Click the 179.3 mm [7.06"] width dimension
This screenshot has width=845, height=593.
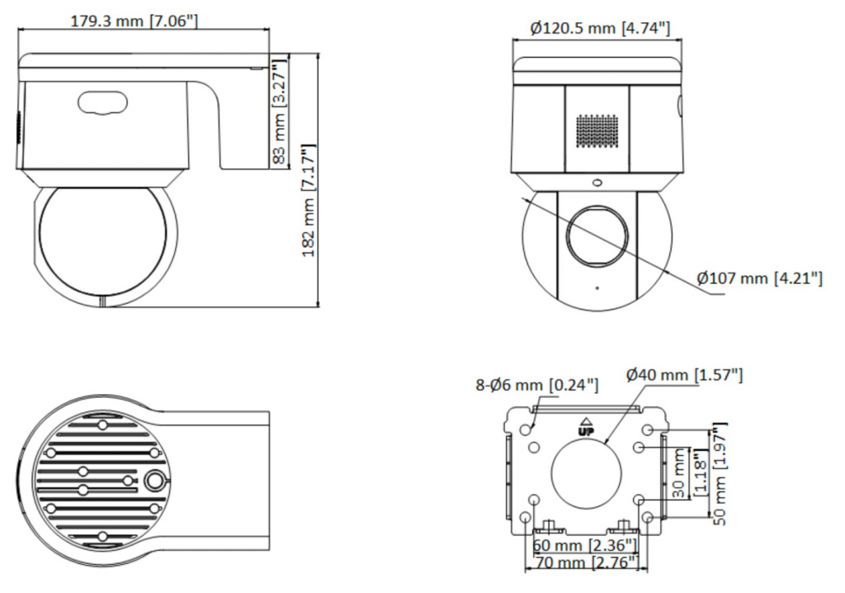tap(135, 21)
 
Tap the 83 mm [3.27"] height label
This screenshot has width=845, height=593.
tap(280, 111)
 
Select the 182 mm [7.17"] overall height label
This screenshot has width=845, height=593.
tap(309, 200)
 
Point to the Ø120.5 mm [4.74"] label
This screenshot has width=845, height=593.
tap(600, 27)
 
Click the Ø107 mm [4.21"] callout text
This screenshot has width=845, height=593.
tap(760, 278)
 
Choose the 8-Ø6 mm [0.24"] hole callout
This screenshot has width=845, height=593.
tap(536, 385)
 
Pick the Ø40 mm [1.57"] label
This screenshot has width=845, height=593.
tap(684, 374)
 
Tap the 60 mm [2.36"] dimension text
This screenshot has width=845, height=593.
tap(585, 545)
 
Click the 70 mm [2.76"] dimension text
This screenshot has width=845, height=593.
tap(585, 562)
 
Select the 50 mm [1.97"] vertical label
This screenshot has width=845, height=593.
tap(720, 474)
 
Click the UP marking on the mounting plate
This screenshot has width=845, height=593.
tap(585, 428)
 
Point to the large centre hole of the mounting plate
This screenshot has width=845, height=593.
tap(586, 472)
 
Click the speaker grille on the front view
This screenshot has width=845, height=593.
tap(597, 130)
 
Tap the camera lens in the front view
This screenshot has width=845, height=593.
tap(597, 236)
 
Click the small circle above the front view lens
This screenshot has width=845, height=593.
tap(597, 183)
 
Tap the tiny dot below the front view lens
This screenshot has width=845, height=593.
tap(597, 288)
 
